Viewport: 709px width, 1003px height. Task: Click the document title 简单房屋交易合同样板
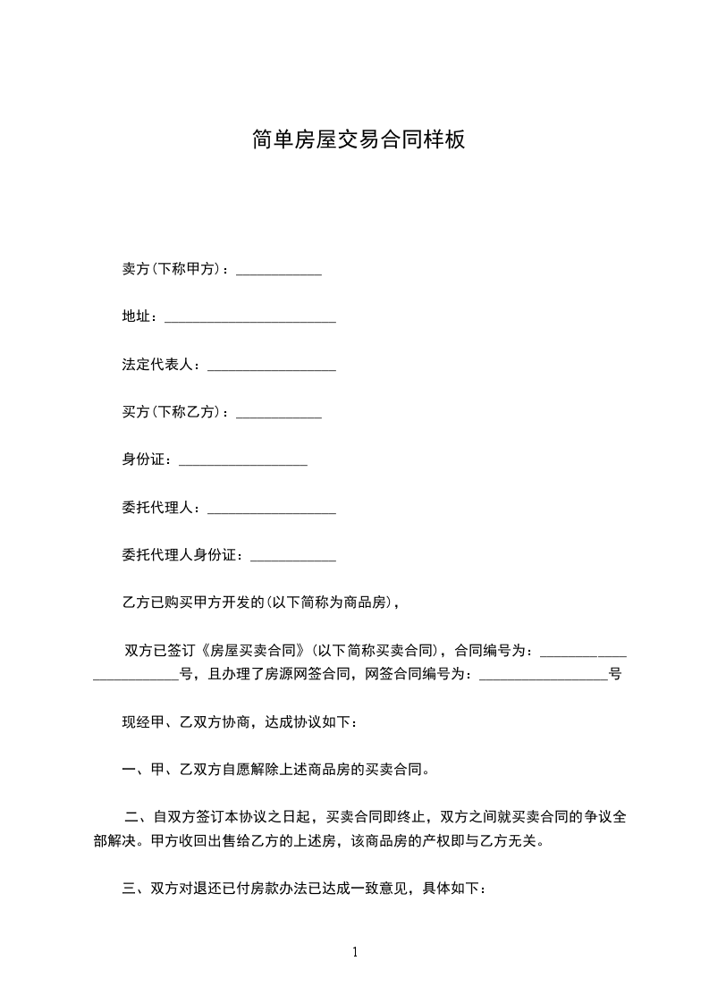click(x=358, y=140)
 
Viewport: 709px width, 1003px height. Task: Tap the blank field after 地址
click(x=250, y=319)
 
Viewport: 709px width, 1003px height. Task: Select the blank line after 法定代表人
click(x=271, y=367)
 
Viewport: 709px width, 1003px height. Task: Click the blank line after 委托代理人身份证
click(x=293, y=558)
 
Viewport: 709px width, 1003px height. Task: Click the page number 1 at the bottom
click(x=355, y=952)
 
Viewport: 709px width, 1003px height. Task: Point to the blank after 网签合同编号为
click(x=544, y=677)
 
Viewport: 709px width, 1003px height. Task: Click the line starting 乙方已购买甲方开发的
click(x=259, y=603)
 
